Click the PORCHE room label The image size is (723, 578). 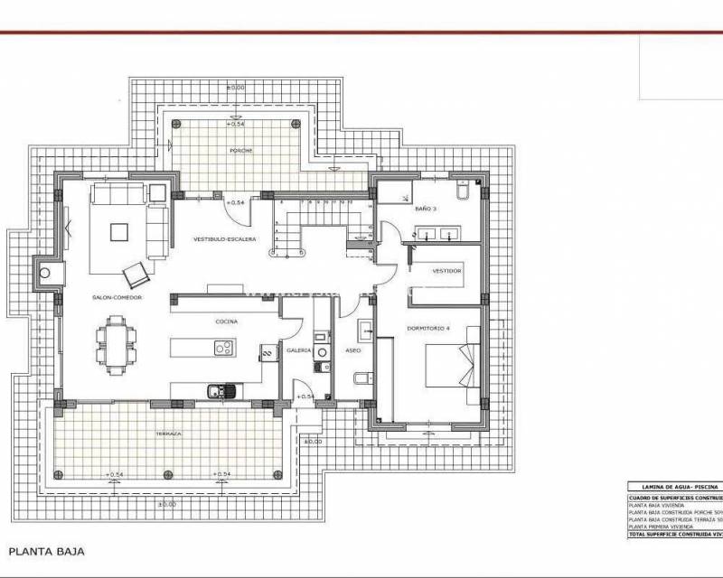tap(240, 150)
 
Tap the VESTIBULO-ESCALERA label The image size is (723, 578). tap(225, 239)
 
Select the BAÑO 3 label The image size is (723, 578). tap(426, 209)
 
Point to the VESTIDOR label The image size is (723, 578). tap(446, 271)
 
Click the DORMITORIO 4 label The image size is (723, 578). tap(428, 328)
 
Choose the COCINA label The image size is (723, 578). tap(226, 321)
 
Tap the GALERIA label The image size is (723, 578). tap(299, 350)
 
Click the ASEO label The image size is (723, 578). tap(352, 350)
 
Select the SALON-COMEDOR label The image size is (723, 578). tap(117, 296)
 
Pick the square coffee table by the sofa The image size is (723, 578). tap(119, 231)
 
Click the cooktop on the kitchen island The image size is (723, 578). tap(223, 348)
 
